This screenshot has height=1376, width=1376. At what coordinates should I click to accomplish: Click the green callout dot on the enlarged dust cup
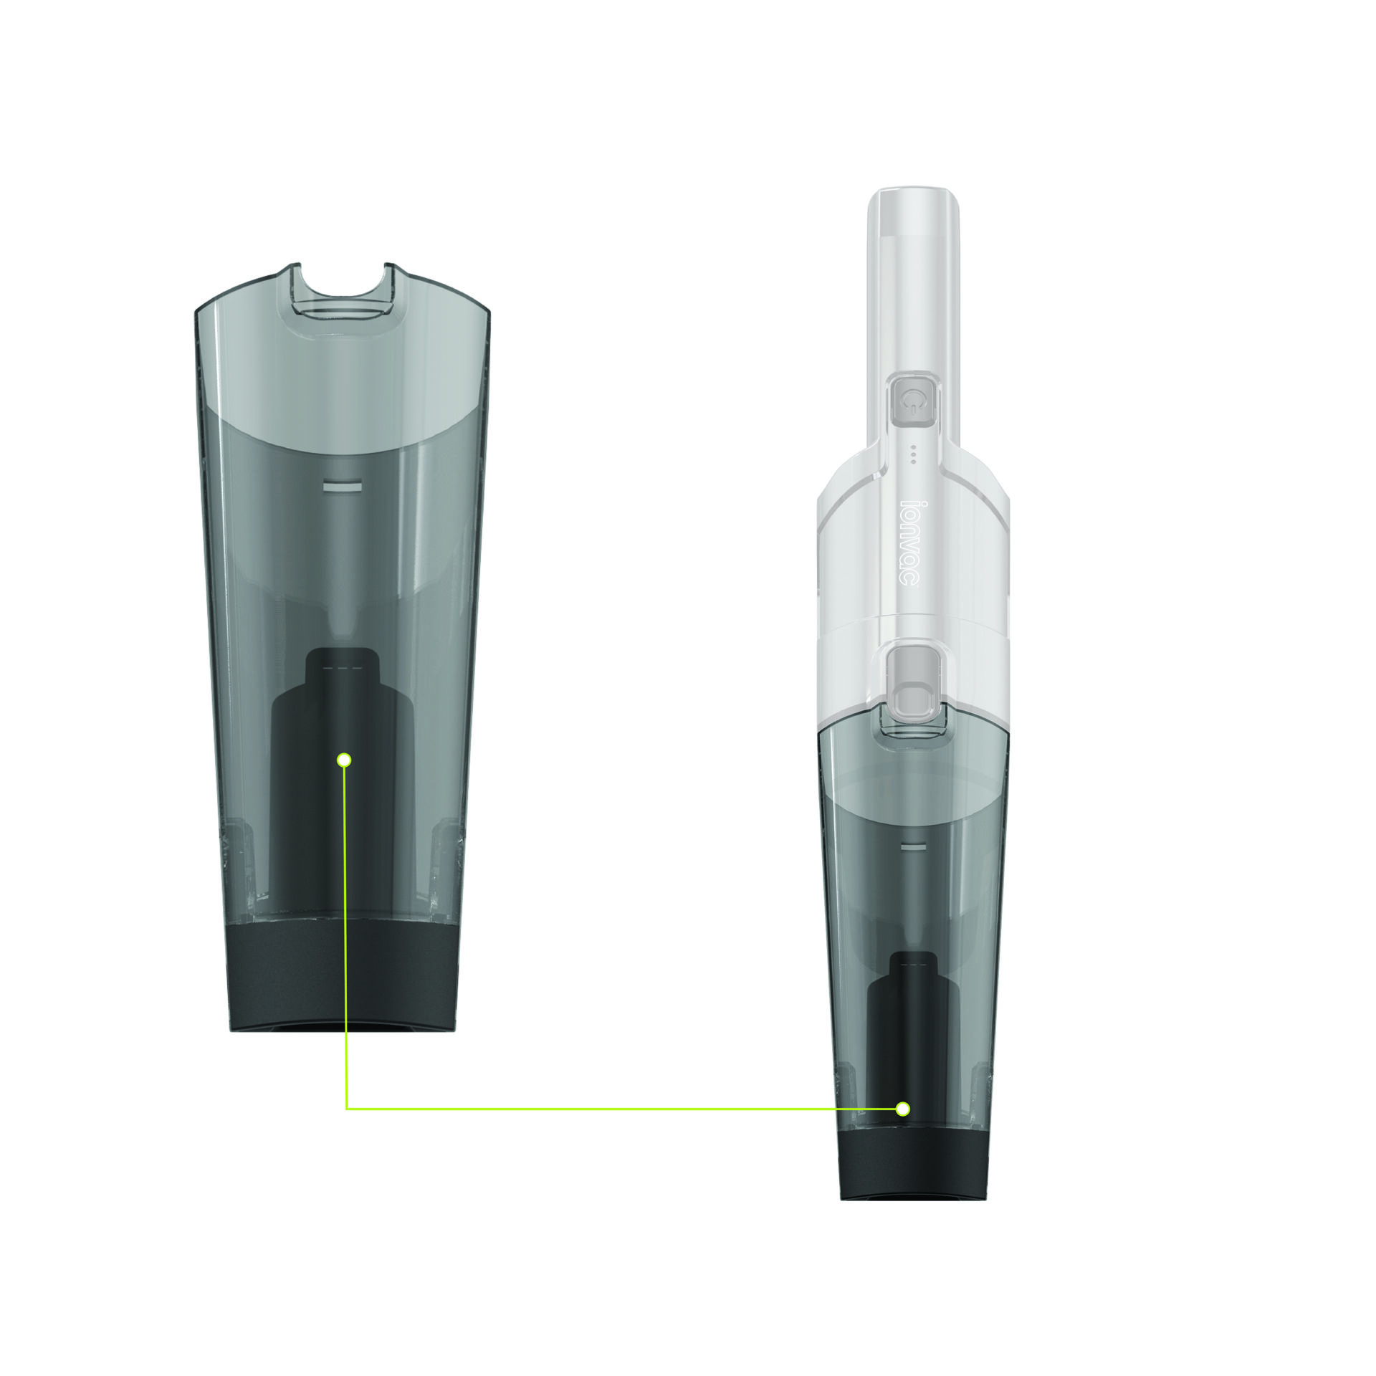344,760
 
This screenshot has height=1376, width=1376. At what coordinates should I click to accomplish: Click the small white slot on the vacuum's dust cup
912,846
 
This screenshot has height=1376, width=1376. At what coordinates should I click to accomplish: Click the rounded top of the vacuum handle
912,208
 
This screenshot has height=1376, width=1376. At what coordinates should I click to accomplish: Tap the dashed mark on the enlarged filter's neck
341,668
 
